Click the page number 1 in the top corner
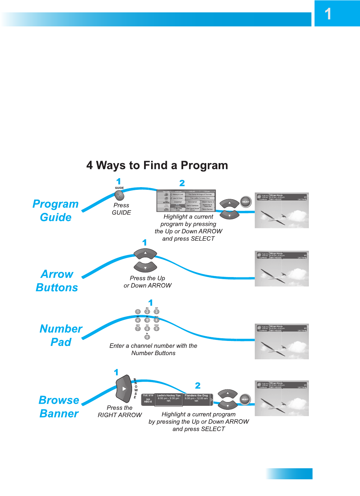tap(328, 14)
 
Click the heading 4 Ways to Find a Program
tap(157, 165)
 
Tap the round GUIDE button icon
tap(119, 195)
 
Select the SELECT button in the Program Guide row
tap(246, 202)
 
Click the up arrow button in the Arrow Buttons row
tap(145, 254)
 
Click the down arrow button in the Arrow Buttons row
tap(145, 267)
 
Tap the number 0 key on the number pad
tap(147, 337)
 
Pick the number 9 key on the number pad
tap(156, 329)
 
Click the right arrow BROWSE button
tap(124, 388)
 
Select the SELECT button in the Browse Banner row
tap(245, 399)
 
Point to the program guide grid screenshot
tap(186, 201)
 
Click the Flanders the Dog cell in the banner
tap(197, 398)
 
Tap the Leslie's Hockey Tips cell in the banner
tap(168, 398)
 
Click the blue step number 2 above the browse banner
tap(198, 386)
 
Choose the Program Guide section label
tap(55, 211)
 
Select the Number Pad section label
tap(61, 335)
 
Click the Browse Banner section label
tap(59, 407)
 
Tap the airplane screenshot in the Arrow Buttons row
tap(281, 268)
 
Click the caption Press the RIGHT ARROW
tap(120, 411)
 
